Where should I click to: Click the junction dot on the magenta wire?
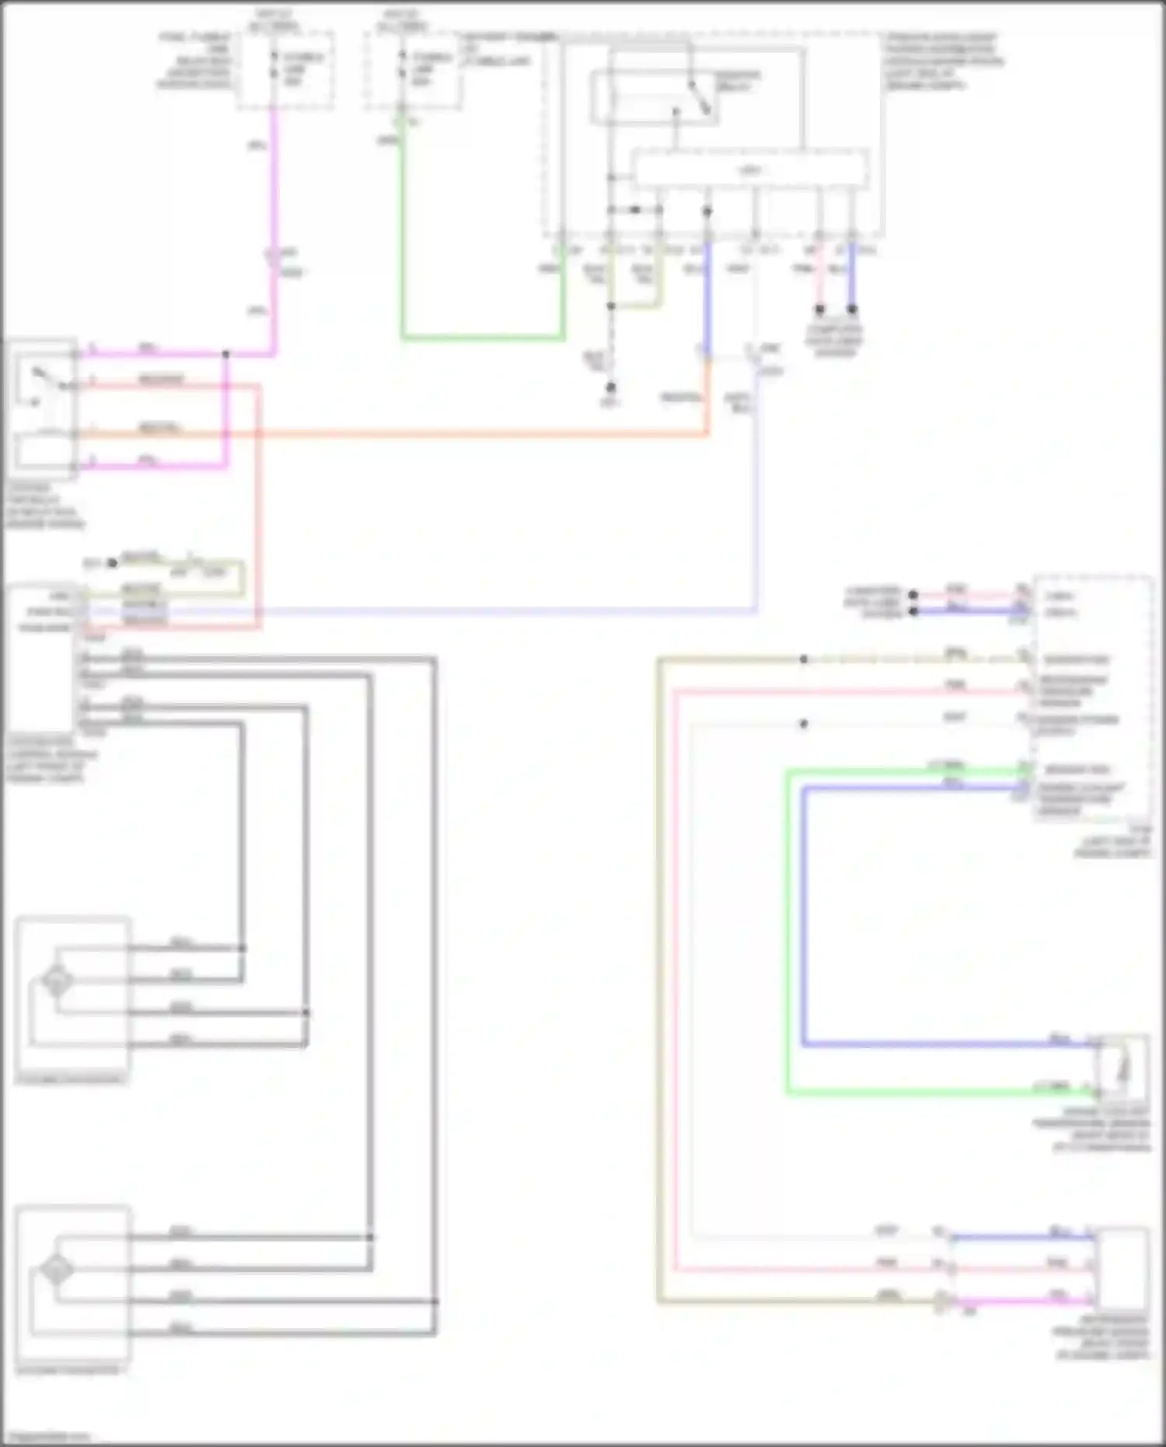pos(226,354)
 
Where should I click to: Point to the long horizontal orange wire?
pos(389,433)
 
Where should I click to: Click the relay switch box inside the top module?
pos(655,97)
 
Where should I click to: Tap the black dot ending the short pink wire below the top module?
pos(819,309)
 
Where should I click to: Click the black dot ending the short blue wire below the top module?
pos(852,309)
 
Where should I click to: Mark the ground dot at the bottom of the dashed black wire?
pos(611,386)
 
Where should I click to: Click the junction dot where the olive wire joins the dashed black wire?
pos(611,306)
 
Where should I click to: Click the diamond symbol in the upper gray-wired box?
pos(57,980)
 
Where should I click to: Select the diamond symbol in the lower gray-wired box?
pos(57,1270)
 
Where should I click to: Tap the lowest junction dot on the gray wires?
pos(435,1302)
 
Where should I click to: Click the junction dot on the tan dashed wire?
pos(804,659)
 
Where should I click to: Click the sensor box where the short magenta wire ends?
pos(1121,1269)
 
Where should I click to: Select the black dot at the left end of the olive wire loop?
pos(112,562)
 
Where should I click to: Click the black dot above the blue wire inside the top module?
pos(707,211)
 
